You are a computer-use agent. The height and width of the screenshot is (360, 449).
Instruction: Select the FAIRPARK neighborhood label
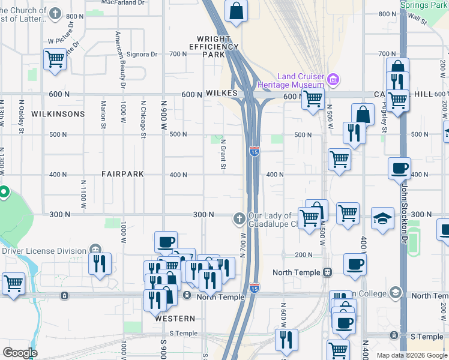[x=122, y=175]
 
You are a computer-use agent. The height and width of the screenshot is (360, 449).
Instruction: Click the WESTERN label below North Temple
[x=175, y=319]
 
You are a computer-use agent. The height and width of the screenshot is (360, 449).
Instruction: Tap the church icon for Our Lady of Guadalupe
[x=239, y=220]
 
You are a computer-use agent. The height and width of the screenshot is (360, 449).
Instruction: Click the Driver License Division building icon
[x=94, y=250]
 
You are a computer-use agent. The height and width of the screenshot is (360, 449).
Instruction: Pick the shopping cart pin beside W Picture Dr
[x=55, y=59]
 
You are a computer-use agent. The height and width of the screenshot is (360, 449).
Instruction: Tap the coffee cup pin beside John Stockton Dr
[x=399, y=169]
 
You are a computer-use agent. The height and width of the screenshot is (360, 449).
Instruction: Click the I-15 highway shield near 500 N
[x=255, y=152]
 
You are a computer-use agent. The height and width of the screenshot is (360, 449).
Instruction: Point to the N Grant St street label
[x=222, y=155]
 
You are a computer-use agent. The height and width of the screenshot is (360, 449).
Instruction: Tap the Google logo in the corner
[x=20, y=353]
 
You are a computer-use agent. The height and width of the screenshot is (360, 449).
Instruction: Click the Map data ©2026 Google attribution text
[x=412, y=355]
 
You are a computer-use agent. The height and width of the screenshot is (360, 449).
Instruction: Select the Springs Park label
[x=424, y=5]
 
